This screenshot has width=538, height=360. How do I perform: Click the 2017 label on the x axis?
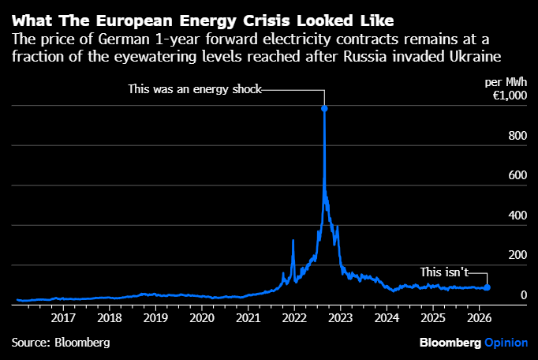point(63,317)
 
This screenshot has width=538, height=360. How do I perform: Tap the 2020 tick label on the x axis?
point(202,317)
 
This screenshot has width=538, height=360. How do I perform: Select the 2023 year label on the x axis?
point(341,317)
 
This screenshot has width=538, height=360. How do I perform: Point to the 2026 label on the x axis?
point(479,317)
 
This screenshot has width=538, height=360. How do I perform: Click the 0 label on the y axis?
point(522,295)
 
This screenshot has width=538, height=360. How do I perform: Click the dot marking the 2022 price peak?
point(324,108)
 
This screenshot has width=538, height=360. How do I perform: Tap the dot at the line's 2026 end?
point(487,287)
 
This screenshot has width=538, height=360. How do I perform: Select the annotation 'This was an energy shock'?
point(194,89)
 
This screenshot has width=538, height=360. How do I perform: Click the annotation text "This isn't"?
point(445,272)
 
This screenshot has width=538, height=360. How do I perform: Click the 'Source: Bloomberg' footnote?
point(61,343)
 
